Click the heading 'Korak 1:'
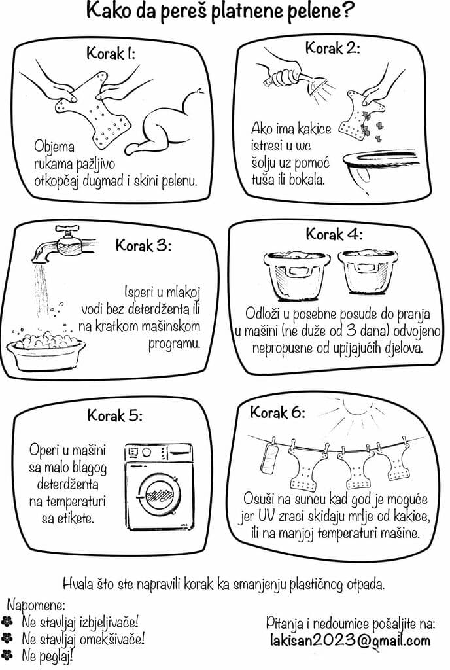coord(111,54)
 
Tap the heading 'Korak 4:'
coord(334,234)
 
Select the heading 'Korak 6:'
coord(277,412)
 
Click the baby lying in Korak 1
coord(167,121)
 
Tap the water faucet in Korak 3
coord(60,244)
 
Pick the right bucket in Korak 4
coord(368,272)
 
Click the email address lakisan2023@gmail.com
coord(350,641)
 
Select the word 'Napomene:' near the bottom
coord(36,605)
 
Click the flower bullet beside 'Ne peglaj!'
coord(7,654)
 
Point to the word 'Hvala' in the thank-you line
coord(78,584)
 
